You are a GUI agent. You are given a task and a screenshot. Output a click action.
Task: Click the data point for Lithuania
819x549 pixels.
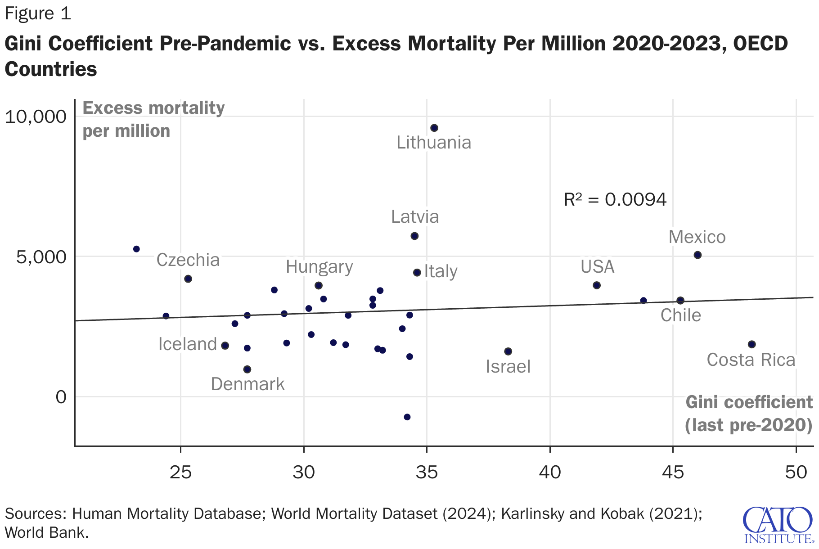(434, 128)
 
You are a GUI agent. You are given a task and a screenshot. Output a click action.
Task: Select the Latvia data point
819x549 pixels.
(414, 236)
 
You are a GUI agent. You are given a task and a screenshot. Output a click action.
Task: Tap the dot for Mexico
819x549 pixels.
(697, 255)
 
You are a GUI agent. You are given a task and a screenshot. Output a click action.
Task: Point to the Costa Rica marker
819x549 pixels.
(751, 344)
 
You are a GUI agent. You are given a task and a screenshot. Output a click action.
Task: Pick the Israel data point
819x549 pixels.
(508, 351)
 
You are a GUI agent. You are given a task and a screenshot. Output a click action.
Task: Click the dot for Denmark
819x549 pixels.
(247, 369)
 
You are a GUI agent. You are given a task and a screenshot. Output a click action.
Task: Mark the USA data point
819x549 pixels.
(597, 285)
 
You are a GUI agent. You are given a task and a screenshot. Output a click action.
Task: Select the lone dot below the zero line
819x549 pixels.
(407, 417)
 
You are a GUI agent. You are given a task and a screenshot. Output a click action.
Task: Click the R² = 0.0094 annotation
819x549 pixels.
(615, 199)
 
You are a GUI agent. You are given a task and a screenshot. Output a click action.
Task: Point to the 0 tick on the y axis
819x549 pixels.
(61, 397)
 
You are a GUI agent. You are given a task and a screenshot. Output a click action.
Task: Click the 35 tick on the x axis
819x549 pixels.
(427, 472)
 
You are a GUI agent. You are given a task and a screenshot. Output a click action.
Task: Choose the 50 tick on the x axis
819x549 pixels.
(796, 472)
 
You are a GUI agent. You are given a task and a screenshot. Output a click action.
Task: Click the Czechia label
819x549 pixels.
(188, 260)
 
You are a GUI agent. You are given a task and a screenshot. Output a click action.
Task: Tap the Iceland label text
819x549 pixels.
(188, 344)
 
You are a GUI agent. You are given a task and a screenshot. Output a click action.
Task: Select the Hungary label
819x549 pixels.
(319, 267)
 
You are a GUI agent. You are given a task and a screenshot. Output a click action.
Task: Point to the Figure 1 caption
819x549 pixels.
(38, 13)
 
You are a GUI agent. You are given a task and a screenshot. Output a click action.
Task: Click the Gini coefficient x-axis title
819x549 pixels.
(749, 414)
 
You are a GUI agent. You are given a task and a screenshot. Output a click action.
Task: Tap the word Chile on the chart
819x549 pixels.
(680, 315)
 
